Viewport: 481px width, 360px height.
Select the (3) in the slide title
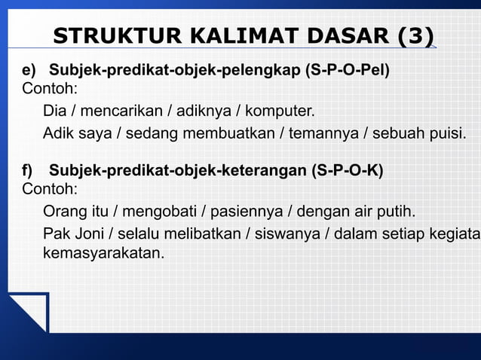click(x=415, y=37)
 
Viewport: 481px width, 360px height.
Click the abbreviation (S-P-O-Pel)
click(x=348, y=72)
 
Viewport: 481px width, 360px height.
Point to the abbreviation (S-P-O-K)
click(x=348, y=170)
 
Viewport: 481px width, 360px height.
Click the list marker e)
click(x=29, y=72)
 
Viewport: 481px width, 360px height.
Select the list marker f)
click(x=28, y=170)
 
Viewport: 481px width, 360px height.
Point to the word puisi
click(x=449, y=135)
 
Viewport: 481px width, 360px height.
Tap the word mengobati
click(x=158, y=211)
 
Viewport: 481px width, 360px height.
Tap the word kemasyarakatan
click(x=103, y=254)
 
